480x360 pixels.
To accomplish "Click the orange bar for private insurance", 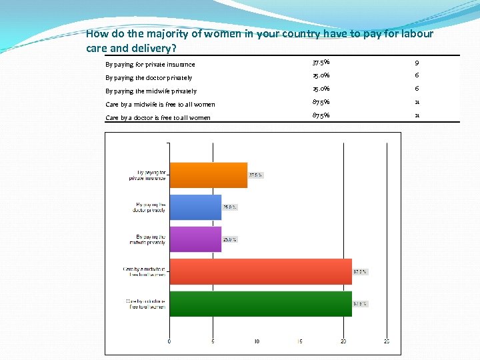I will (208, 175).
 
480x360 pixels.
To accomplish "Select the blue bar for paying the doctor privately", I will (195, 207).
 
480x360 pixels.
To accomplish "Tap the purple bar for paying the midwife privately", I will (195, 239).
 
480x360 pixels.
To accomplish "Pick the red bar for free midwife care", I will (261, 271).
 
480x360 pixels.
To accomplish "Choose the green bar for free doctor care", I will (261, 303).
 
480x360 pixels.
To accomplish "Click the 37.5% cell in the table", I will (321, 63).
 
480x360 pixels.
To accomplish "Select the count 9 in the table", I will (416, 63).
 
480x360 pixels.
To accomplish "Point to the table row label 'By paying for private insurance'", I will (150, 65).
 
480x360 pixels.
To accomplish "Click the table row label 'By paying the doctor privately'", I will (149, 78).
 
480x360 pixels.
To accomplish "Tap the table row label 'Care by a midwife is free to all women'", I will (160, 105).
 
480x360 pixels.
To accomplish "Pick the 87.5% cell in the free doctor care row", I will (321, 116).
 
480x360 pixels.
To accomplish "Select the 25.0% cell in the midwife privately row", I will (321, 89).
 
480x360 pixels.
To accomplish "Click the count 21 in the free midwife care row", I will (416, 103).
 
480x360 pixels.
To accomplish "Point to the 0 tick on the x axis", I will (169, 341).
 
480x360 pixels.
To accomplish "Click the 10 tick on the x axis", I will (257, 341).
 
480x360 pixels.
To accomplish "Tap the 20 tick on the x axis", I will (343, 341).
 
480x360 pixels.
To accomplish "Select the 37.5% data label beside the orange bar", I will (256, 175).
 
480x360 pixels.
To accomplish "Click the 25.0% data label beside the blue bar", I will (230, 207).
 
